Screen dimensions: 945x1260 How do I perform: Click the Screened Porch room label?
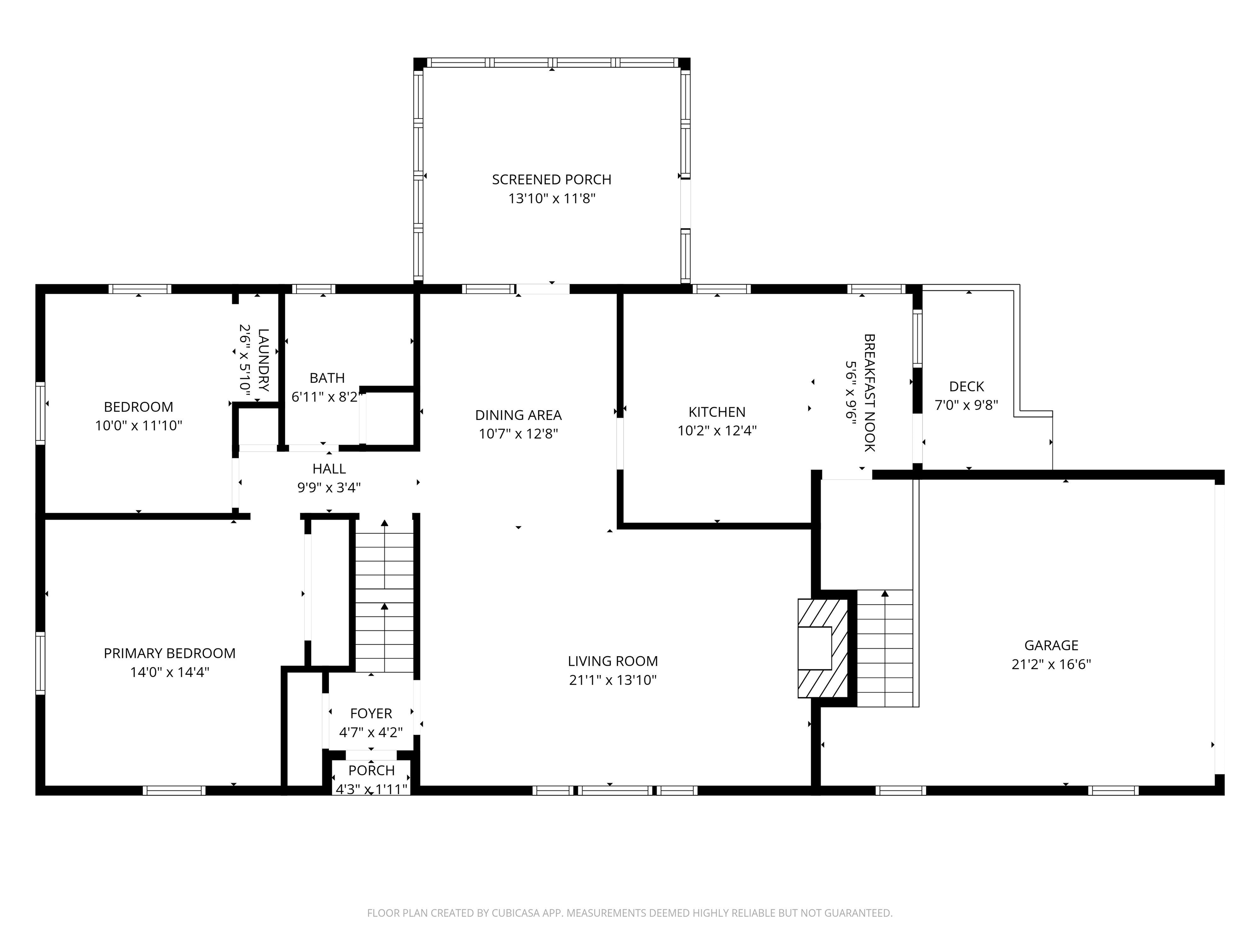click(x=551, y=179)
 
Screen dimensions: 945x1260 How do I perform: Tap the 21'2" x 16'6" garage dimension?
click(x=1051, y=664)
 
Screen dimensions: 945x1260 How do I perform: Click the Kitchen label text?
click(x=717, y=412)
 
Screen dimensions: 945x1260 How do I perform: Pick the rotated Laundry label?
click(x=263, y=360)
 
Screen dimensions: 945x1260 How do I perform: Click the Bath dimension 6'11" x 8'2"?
click(x=327, y=397)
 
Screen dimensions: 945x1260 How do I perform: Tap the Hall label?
click(x=329, y=469)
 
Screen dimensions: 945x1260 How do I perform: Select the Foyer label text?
click(x=371, y=714)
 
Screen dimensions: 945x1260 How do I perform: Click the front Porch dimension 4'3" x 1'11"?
click(x=371, y=789)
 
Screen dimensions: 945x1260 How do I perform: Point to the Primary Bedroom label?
click(x=169, y=653)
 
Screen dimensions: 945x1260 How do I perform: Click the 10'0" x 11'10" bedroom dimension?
click(x=138, y=425)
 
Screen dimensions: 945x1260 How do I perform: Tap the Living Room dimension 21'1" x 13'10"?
click(x=612, y=680)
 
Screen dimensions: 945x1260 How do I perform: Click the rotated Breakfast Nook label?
click(x=869, y=393)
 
